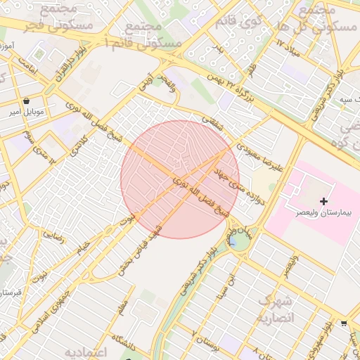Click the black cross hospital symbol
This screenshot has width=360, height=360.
[323, 202]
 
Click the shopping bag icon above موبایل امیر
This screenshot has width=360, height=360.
[26, 101]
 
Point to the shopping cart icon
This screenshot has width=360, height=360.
[344, 323]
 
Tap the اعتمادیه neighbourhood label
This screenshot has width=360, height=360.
[86, 351]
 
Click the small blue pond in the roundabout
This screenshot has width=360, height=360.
[232, 242]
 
